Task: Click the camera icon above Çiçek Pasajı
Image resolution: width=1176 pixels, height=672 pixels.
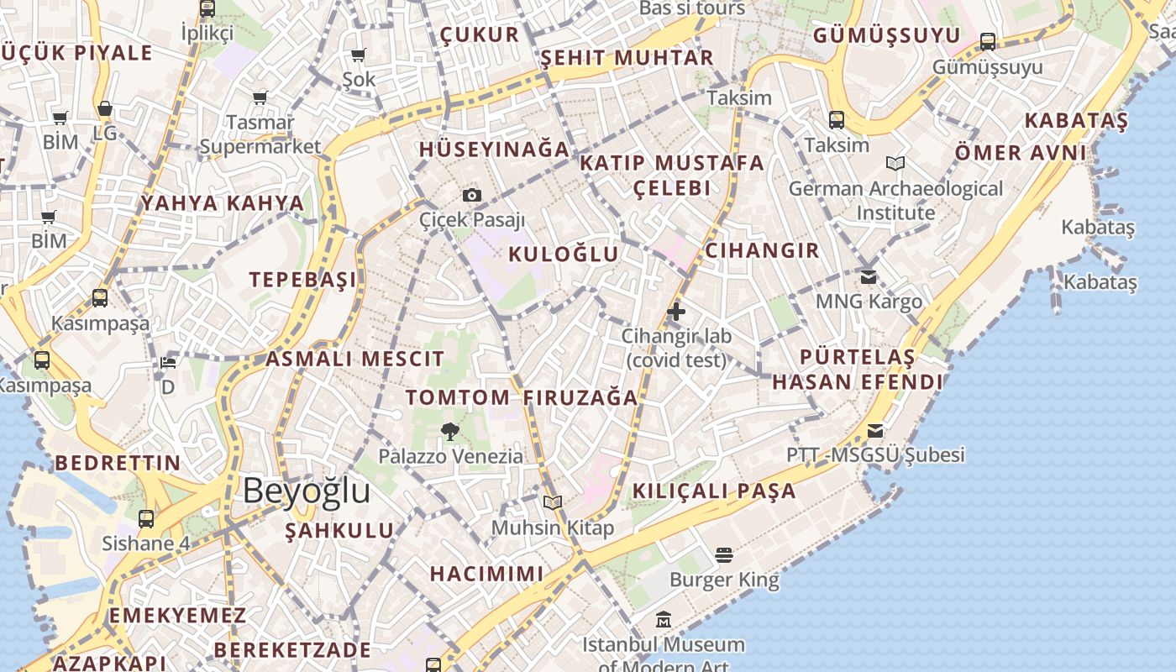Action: [x=472, y=195]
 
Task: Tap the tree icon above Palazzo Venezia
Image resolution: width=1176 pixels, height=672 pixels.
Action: [x=450, y=432]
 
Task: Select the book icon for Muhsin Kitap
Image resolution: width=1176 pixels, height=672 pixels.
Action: [x=552, y=502]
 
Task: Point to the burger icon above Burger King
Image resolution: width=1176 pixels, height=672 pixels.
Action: [x=724, y=554]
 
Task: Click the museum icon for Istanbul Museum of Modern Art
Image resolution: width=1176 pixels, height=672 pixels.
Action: [x=664, y=620]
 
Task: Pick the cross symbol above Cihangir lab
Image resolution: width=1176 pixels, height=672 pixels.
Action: [x=676, y=312]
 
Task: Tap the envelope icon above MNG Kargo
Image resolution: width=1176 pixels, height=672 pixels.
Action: [x=869, y=276]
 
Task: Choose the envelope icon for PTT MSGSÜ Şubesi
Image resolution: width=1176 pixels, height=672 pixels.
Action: [x=875, y=431]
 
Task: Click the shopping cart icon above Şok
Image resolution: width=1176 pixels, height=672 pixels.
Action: [x=359, y=55]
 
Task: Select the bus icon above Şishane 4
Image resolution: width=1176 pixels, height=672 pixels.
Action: [x=146, y=518]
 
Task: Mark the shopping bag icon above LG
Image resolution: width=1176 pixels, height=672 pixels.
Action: [x=105, y=109]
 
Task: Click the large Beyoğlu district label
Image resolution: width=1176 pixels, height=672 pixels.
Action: [x=307, y=491]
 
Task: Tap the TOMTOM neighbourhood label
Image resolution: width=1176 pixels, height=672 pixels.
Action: [x=458, y=397]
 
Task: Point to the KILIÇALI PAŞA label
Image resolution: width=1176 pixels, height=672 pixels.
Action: [x=714, y=491]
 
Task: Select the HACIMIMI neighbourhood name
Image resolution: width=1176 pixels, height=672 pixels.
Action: [x=486, y=574]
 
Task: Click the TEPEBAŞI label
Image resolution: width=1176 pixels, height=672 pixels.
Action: [x=302, y=280]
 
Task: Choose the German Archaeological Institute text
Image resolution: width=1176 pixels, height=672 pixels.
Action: [x=895, y=201]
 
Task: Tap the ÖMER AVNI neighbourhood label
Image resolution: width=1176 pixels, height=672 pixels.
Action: [x=1021, y=153]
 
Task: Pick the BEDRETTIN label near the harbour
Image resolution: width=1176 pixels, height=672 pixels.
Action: [x=118, y=463]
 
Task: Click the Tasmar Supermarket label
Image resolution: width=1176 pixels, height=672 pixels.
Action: [x=260, y=134]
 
